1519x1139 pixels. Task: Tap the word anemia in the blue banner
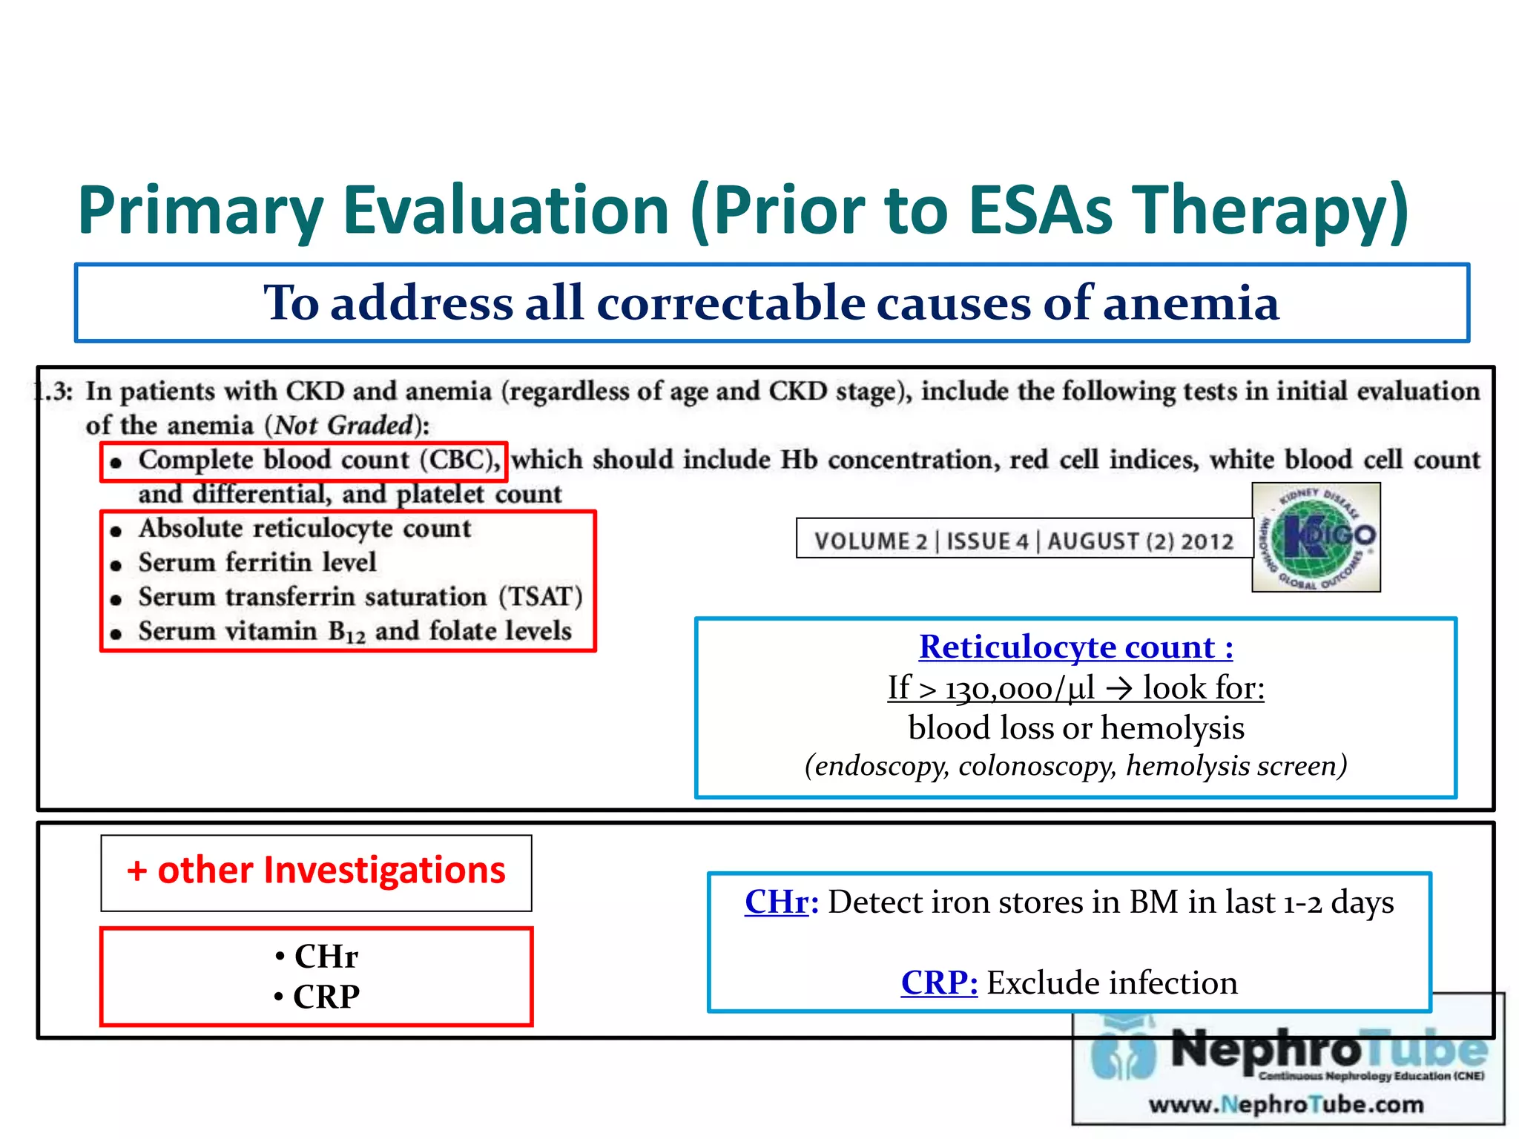pyautogui.click(x=1190, y=303)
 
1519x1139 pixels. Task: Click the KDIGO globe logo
pyautogui.click(x=1316, y=538)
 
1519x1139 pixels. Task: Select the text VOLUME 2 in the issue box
pyautogui.click(x=871, y=541)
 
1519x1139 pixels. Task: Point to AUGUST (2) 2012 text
pyautogui.click(x=1141, y=541)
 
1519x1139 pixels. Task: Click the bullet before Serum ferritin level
pyautogui.click(x=116, y=565)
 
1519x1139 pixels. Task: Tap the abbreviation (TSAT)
pyautogui.click(x=541, y=597)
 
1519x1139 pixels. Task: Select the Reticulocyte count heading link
pyautogui.click(x=1075, y=647)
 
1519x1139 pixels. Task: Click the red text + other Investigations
pyautogui.click(x=316, y=871)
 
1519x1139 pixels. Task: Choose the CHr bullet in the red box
pyautogui.click(x=317, y=957)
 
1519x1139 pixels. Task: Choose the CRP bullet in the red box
pyautogui.click(x=317, y=997)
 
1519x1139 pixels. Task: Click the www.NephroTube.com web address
pyautogui.click(x=1286, y=1105)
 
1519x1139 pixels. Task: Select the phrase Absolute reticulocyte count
pyautogui.click(x=305, y=529)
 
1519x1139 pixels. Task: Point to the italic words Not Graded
pyautogui.click(x=343, y=426)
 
